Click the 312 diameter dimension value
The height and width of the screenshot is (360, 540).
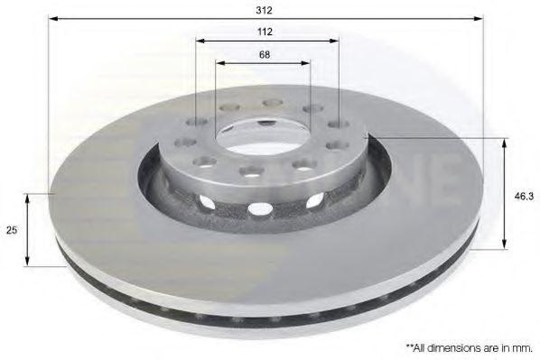pyautogui.click(x=265, y=10)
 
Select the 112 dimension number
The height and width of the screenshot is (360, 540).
pyautogui.click(x=265, y=32)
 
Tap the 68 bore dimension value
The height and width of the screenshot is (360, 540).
pyautogui.click(x=264, y=54)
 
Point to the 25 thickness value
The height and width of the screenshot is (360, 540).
pyautogui.click(x=12, y=230)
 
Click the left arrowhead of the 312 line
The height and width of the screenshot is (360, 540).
pyautogui.click(x=52, y=18)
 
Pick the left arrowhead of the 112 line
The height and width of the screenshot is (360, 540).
pyautogui.click(x=200, y=41)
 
